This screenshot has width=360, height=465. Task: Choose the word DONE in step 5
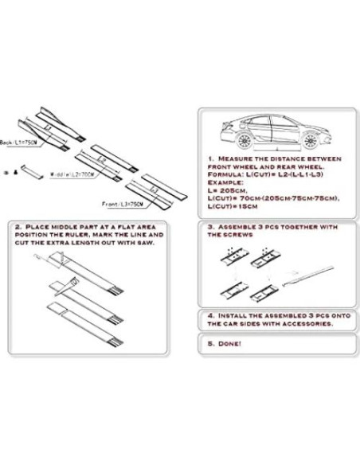point(228,344)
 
